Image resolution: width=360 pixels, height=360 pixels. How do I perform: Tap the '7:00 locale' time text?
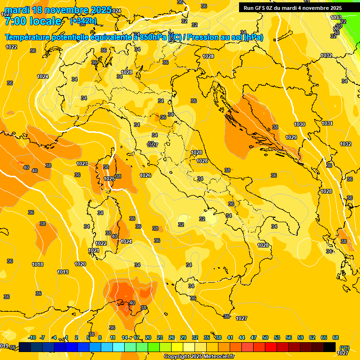[33, 21]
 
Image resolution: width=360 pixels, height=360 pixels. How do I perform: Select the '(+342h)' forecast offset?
[83, 21]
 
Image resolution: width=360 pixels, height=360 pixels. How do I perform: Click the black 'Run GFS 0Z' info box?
[292, 7]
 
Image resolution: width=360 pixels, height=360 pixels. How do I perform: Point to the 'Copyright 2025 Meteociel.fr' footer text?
[199, 357]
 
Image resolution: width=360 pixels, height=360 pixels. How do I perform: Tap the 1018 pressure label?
[37, 264]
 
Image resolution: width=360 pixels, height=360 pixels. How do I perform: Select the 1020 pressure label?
[80, 264]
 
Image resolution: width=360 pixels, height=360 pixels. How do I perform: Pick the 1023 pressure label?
[82, 164]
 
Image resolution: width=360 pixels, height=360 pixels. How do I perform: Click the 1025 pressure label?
[109, 179]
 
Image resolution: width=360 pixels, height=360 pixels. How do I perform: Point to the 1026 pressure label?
[145, 175]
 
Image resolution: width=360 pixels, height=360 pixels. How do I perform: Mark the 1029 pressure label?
[291, 137]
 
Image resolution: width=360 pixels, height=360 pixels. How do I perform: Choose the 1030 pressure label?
[300, 124]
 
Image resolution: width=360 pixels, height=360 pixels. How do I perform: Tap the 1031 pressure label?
[327, 123]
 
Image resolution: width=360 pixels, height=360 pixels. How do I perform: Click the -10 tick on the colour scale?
[32, 337]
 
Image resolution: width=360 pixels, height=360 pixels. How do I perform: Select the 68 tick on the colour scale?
[336, 337]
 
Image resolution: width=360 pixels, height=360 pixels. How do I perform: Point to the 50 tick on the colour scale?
[265, 337]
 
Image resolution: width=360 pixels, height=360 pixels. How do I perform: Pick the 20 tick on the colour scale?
[148, 337]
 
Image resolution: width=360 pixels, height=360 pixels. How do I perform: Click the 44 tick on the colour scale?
[242, 337]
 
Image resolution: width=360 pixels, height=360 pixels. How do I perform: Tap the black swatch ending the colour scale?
[330, 347]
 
